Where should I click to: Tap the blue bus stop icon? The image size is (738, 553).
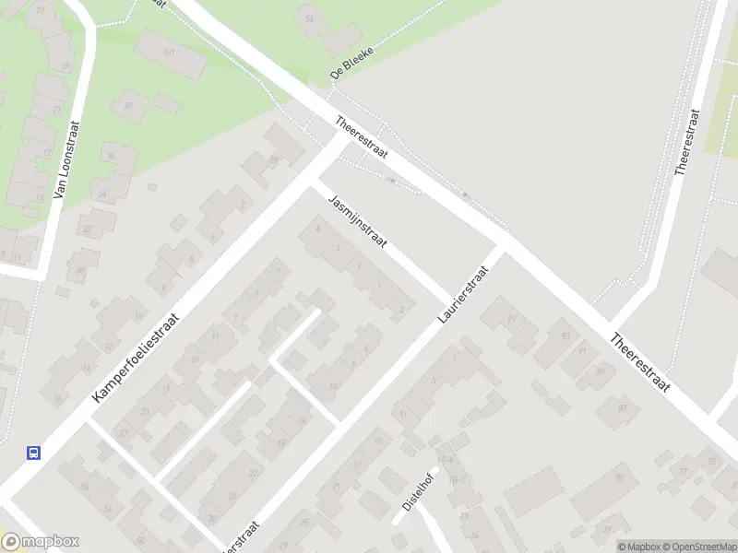pos(33,452)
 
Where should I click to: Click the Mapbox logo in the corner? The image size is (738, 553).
pos(41,542)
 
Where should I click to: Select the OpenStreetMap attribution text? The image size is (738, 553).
pos(697,547)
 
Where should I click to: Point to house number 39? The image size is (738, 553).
pos(128,107)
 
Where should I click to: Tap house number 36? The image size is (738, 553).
pos(110,157)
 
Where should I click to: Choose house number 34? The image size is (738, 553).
pos(102,194)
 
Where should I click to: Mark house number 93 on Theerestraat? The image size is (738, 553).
pos(565,335)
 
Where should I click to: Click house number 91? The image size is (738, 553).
pos(582,351)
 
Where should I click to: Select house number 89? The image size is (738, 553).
pos(600,371)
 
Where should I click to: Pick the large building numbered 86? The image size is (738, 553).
pos(620,477)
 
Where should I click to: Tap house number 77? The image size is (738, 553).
pos(684,471)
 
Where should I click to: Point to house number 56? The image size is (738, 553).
pos(85,487)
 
